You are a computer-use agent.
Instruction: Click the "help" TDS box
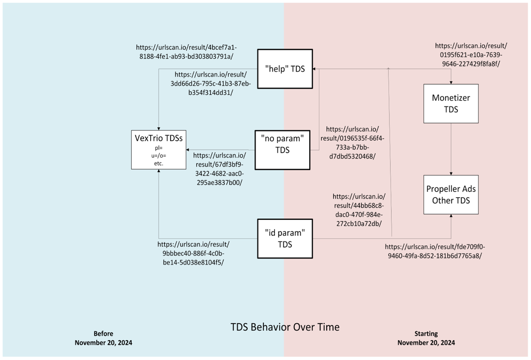tap(285, 69)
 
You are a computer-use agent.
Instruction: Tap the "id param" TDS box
tap(285, 238)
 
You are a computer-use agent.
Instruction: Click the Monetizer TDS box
tap(451, 103)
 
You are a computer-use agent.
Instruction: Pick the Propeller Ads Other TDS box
tap(451, 194)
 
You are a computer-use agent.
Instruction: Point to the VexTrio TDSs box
tap(159, 149)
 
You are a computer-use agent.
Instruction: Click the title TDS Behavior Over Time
tap(285, 327)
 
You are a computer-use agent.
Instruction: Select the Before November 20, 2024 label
tap(103, 338)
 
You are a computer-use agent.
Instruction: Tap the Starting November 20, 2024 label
tap(426, 338)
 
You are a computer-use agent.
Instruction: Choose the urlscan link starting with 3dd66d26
tap(210, 84)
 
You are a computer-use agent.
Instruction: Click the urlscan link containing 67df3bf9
tap(219, 169)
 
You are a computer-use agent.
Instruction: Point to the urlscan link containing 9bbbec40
tap(193, 253)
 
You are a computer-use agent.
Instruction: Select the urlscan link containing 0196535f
tap(352, 142)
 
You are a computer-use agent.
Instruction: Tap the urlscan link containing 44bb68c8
tap(358, 210)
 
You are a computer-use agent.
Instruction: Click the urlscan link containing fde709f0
tap(435, 251)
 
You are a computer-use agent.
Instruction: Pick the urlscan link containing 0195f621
tap(471, 55)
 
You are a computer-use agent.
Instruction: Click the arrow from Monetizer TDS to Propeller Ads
tap(451, 149)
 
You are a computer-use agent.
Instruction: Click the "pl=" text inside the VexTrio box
tap(159, 148)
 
